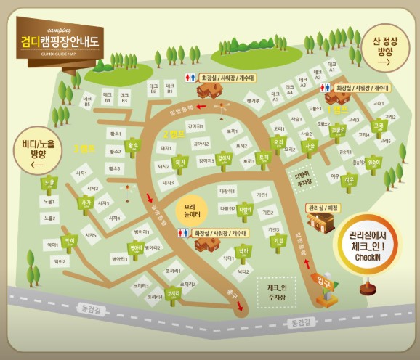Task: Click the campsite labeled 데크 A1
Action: (331, 68)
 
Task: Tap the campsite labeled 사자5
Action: (91, 235)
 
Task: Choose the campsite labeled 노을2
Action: (49, 217)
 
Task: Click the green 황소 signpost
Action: (132, 145)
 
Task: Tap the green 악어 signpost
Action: (70, 240)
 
